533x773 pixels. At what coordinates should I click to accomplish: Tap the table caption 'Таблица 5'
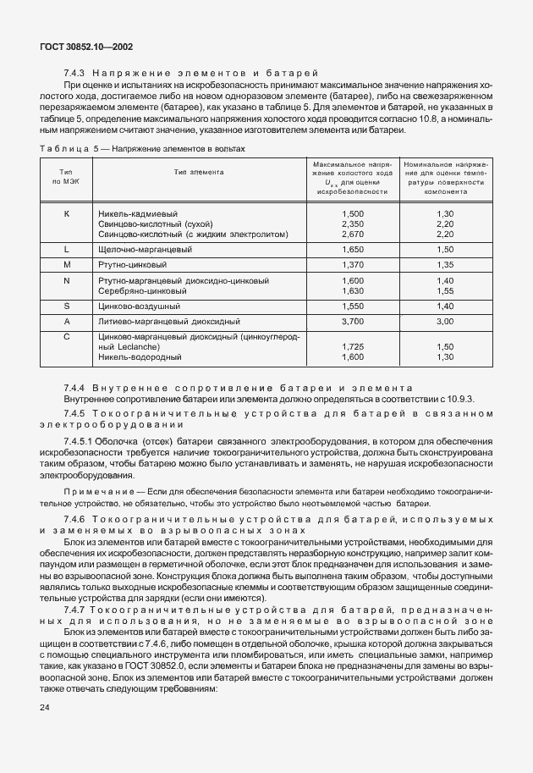click(x=64, y=149)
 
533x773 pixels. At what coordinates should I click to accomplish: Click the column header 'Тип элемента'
click(x=199, y=171)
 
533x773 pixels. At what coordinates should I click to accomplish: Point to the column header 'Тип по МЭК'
click(x=66, y=177)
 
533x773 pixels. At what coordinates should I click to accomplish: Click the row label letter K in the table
click(x=66, y=214)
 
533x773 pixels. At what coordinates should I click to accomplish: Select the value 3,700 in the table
click(x=351, y=322)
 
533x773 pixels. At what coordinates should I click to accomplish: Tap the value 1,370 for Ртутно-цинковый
click(x=351, y=265)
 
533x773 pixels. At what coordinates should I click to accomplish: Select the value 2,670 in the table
click(x=351, y=235)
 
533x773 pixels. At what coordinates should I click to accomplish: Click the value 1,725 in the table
click(x=351, y=347)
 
